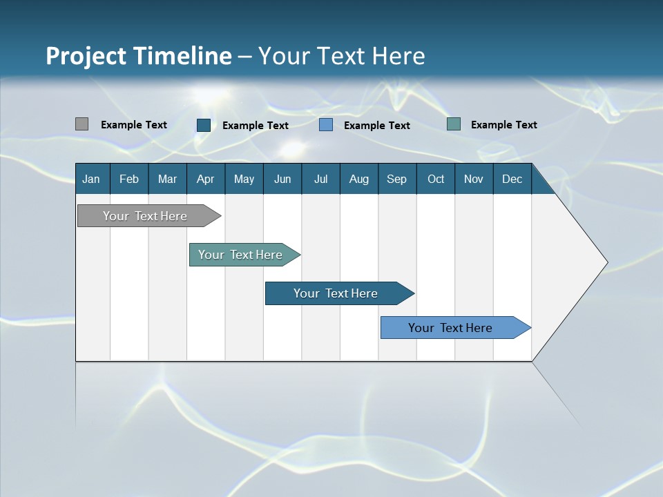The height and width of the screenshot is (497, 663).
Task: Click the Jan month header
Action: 92,179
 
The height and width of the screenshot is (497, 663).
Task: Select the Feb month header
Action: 129,179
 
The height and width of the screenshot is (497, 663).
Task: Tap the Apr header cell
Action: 206,179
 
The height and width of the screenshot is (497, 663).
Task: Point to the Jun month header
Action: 282,179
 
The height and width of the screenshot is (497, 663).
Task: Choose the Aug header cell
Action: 359,179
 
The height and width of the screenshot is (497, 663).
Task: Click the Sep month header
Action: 397,179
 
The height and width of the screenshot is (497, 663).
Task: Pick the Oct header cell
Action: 436,179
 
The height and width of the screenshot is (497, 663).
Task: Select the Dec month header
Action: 512,179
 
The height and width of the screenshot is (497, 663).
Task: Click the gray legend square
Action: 81,124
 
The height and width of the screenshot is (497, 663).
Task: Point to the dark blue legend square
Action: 204,125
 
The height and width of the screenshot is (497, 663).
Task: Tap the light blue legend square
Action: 326,125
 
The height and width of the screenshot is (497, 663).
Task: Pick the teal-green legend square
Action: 454,124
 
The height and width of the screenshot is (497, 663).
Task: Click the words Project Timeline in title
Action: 139,56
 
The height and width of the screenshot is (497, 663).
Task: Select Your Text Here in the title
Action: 341,56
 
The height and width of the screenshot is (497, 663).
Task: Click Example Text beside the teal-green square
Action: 503,125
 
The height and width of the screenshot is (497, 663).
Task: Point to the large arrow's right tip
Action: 606,262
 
